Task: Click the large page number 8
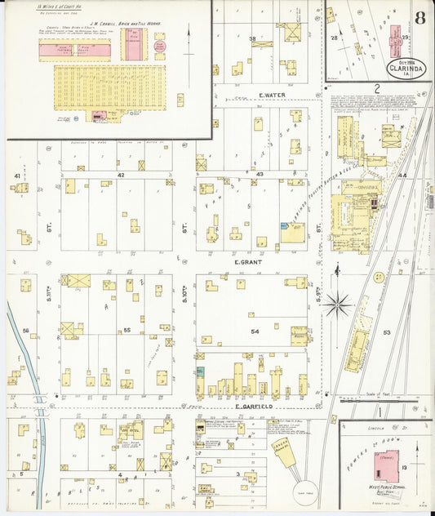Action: pos(418,19)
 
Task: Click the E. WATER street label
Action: pos(270,96)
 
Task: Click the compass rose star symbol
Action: pos(336,305)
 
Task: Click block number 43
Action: pos(260,175)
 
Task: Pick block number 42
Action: pos(120,175)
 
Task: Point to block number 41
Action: pos(16,176)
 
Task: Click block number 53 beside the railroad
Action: pos(386,332)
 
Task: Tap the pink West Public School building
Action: pos(385,462)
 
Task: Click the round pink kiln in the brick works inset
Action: pos(159,47)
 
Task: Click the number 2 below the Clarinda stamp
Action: pos(377,87)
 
